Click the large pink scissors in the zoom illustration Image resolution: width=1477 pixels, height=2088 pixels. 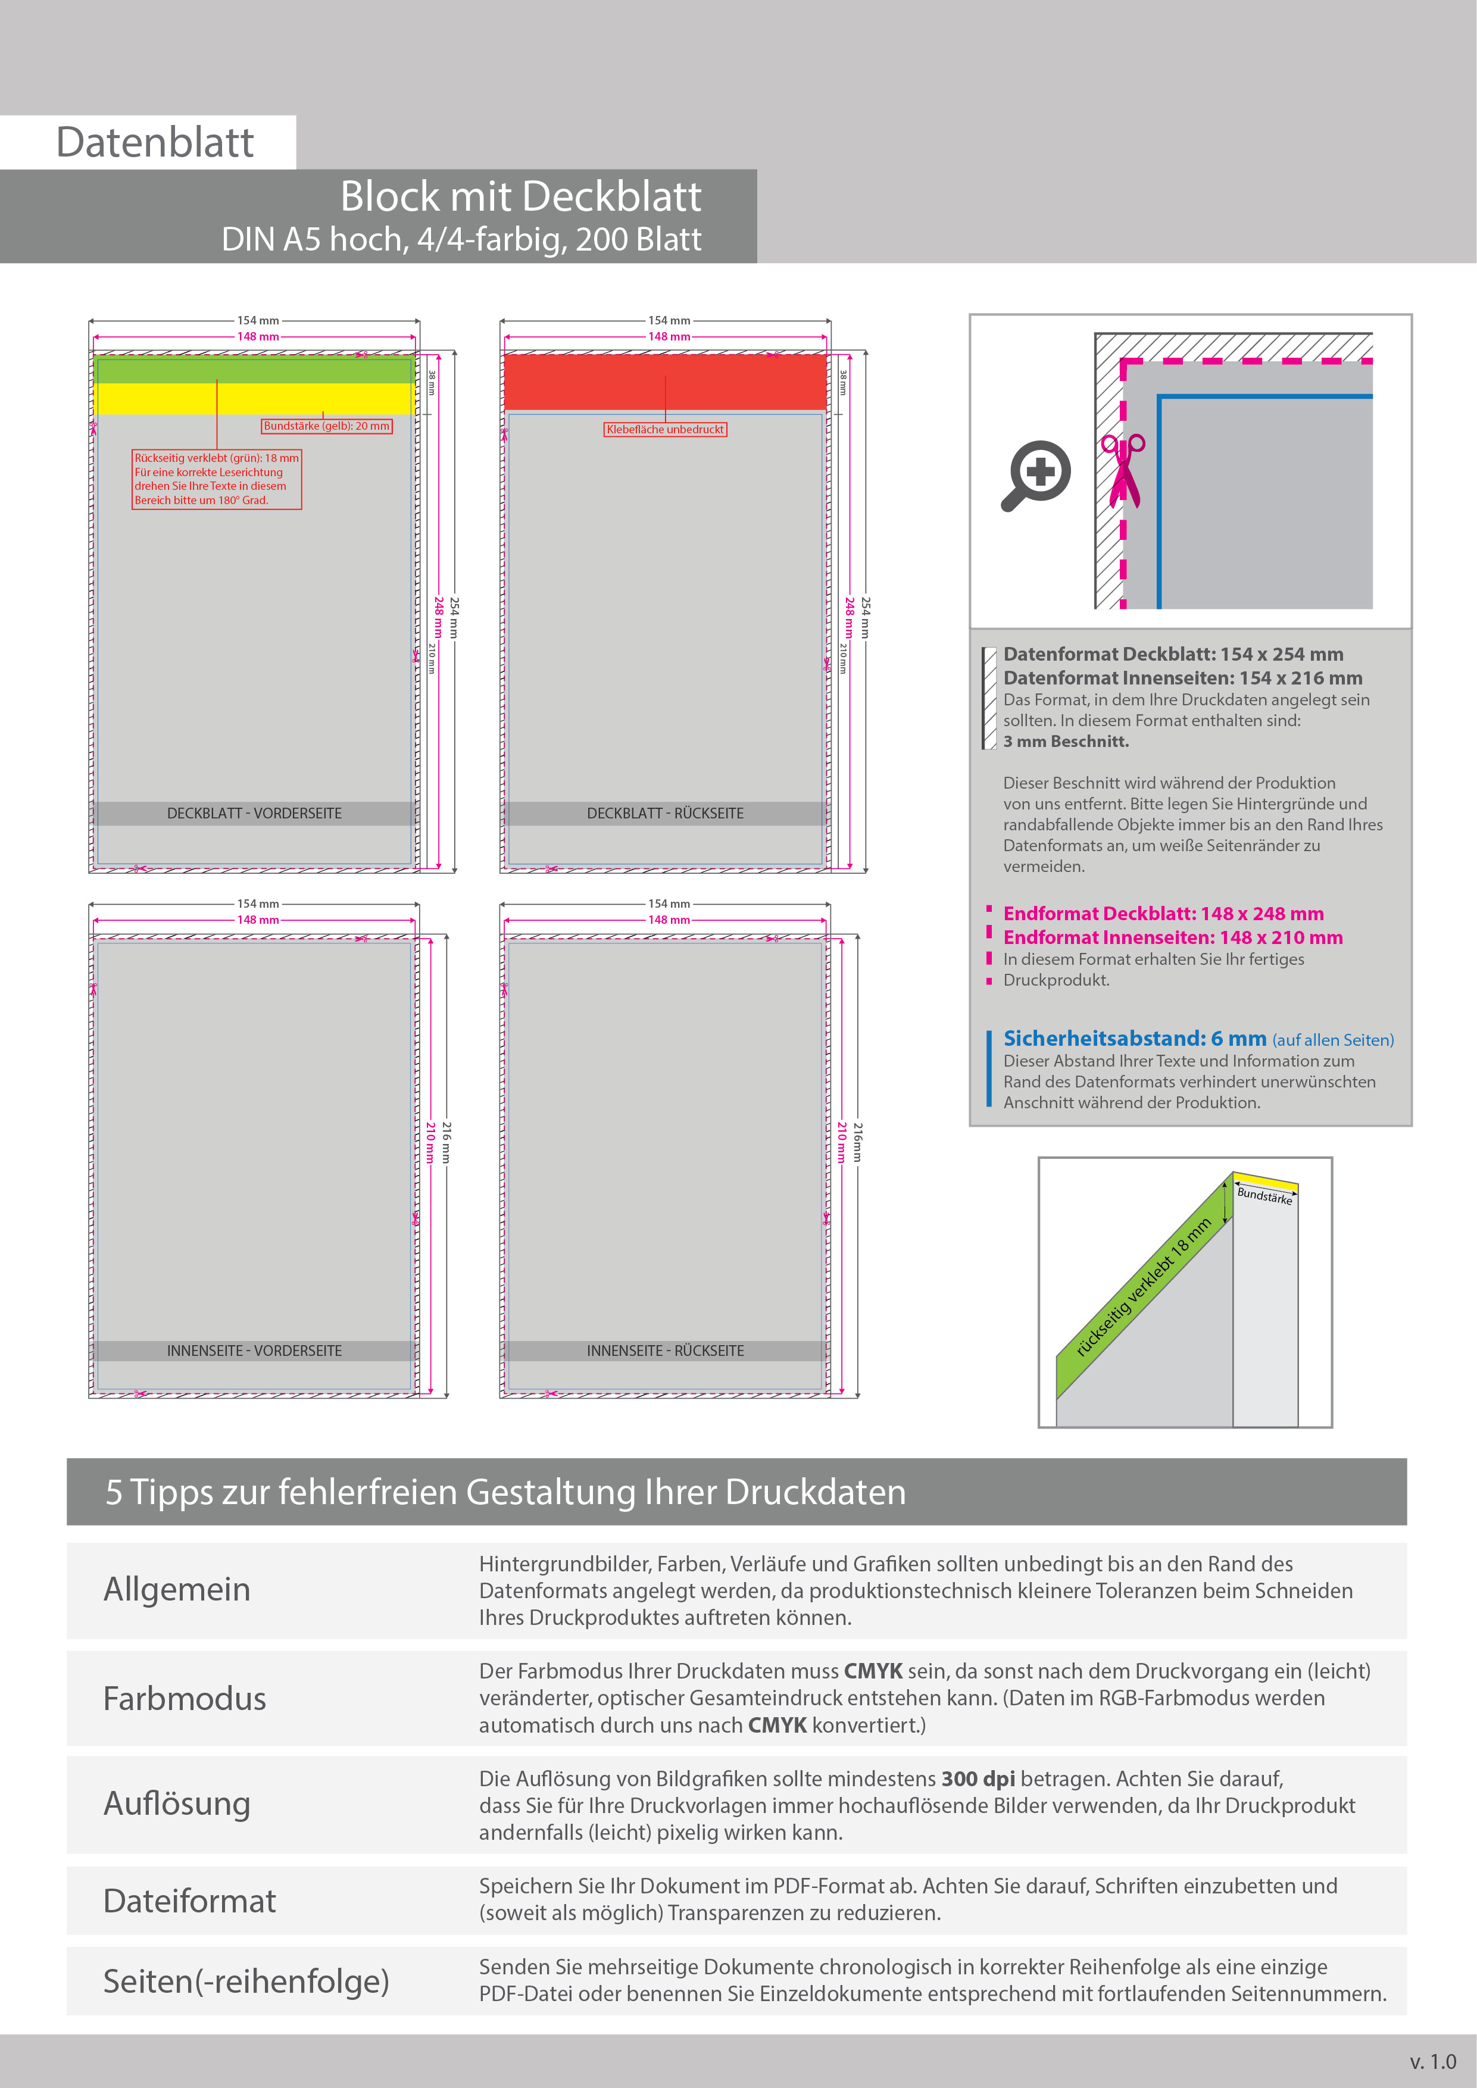click(x=1123, y=469)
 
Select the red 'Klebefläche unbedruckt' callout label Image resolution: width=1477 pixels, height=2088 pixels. click(x=665, y=429)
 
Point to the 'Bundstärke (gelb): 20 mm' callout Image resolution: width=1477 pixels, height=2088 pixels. click(x=326, y=426)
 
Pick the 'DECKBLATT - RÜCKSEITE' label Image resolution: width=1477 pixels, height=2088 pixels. click(x=665, y=813)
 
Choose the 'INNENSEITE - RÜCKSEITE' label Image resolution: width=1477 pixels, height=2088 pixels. click(x=665, y=1351)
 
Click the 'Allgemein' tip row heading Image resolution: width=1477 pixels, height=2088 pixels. click(x=177, y=1589)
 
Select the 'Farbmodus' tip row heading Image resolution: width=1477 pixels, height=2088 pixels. click(x=185, y=1698)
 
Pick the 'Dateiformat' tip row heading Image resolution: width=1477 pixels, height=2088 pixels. click(x=189, y=1901)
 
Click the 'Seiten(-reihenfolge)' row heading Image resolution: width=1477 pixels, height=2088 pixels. click(x=245, y=1981)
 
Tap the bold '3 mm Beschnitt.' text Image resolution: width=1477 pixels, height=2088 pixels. click(x=1066, y=741)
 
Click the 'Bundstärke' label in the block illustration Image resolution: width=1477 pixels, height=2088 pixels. click(x=1264, y=1195)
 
